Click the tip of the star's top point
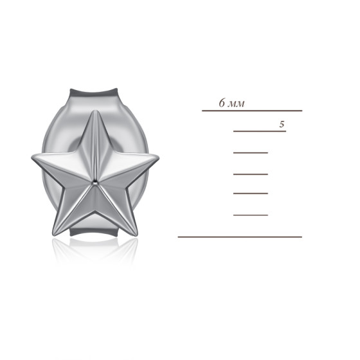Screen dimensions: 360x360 94,111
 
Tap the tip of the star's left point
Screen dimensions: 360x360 32,158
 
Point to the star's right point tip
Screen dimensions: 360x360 158,157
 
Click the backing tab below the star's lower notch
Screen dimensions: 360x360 94,231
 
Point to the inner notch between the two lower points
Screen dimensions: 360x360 95,213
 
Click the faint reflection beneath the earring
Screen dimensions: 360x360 95,249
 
